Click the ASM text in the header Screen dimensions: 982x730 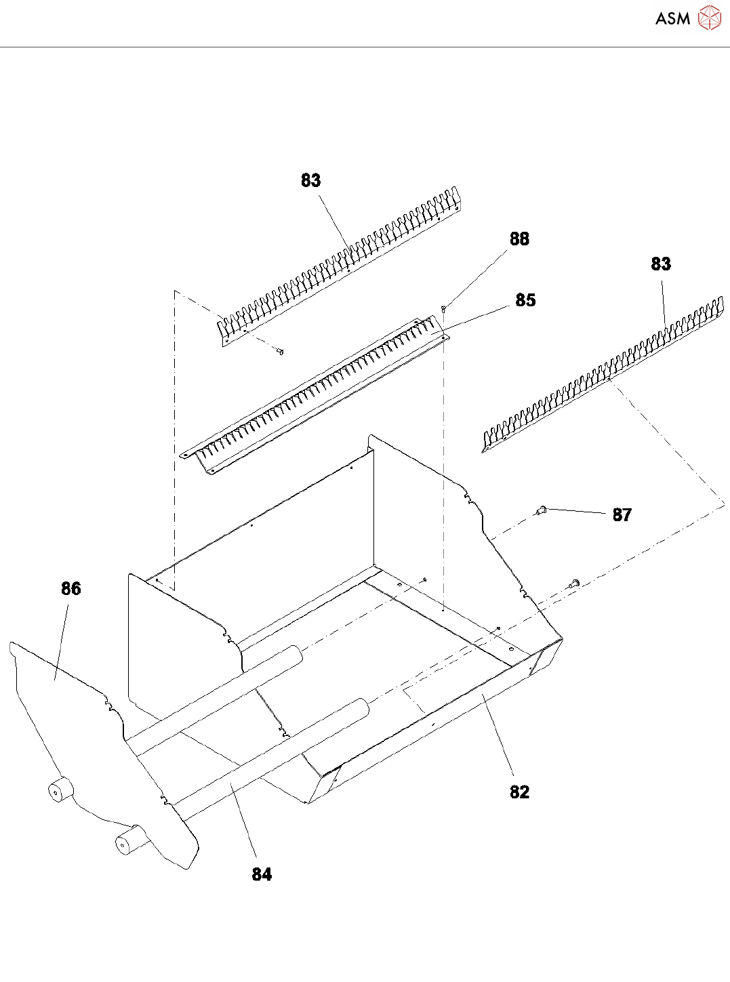(672, 19)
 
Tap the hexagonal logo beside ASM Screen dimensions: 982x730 (709, 18)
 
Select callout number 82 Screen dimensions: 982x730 (519, 792)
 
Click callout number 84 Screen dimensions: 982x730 (262, 874)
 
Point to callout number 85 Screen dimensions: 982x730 (525, 300)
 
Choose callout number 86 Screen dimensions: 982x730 (70, 588)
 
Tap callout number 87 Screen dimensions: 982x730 (622, 515)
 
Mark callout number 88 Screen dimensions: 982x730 (519, 239)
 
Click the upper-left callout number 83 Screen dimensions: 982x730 (310, 180)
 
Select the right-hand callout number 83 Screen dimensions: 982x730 (660, 264)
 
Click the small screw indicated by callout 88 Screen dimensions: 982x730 (443, 309)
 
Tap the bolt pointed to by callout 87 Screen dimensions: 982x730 (541, 510)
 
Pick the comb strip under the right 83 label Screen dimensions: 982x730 (603, 376)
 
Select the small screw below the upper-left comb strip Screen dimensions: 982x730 (280, 351)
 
